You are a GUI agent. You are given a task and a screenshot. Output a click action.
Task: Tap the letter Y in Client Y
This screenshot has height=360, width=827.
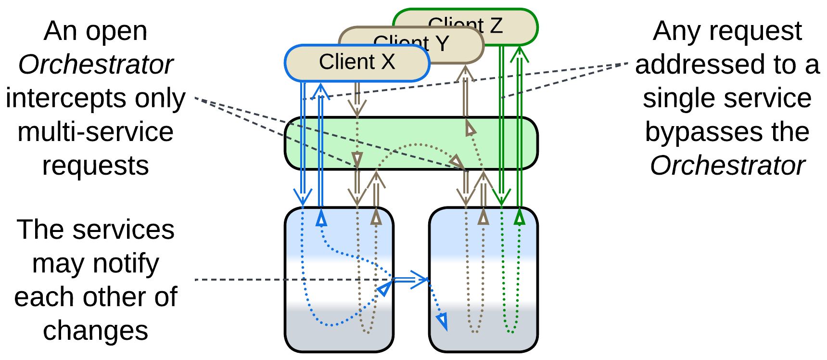(442, 44)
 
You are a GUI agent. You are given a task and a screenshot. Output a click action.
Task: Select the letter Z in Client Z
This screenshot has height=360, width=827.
(496, 26)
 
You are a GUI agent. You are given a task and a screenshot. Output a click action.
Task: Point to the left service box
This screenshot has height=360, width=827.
(339, 289)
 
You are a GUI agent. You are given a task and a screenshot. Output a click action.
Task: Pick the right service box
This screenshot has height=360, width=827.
(483, 289)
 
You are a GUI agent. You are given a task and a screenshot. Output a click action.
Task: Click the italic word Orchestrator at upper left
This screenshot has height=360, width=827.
(96, 64)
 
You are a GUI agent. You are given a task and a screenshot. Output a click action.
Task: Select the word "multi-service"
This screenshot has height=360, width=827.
(95, 132)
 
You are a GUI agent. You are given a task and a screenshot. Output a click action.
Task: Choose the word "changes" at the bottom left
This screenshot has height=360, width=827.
(95, 331)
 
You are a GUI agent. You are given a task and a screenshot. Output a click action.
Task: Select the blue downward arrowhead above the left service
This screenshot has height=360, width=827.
(303, 197)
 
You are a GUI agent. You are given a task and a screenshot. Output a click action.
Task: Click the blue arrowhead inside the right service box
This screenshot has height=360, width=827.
(442, 321)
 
